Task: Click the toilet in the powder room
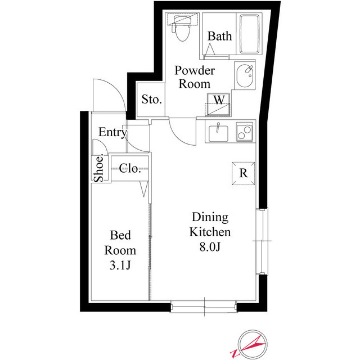point(182,29)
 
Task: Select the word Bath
point(219,37)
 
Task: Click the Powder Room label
point(194,77)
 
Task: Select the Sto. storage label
point(151,100)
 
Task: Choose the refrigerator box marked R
point(244,173)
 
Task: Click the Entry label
point(112,132)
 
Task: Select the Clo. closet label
point(129,168)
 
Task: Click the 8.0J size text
point(210,246)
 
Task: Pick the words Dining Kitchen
point(210,224)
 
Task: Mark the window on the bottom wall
point(204,306)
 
